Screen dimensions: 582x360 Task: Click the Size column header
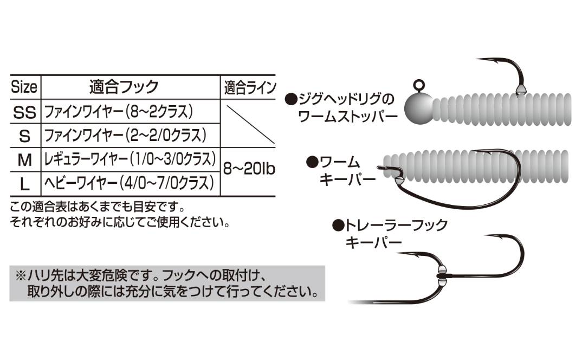point(24,87)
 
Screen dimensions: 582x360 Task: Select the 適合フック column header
point(124,87)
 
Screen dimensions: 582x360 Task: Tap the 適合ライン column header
point(250,88)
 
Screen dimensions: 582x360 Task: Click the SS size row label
point(24,112)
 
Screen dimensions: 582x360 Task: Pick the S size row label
point(24,136)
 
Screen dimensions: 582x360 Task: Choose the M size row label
point(24,160)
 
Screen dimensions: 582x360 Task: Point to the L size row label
point(24,184)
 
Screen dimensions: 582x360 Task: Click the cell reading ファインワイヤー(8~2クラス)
point(118,112)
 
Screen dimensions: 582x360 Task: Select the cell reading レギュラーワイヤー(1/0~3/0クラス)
point(130,159)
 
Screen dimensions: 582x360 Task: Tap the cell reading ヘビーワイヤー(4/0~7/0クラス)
point(129,183)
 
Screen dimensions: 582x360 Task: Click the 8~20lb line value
point(249,169)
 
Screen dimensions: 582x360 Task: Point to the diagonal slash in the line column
point(250,125)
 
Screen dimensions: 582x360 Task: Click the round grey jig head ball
point(419,108)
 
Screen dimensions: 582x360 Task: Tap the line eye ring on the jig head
point(419,85)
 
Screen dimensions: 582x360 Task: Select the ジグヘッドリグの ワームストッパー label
point(341,108)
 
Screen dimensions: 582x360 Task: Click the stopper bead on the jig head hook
point(521,89)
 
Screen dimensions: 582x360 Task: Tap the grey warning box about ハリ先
point(167,283)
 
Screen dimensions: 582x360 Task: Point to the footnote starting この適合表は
point(120,214)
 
